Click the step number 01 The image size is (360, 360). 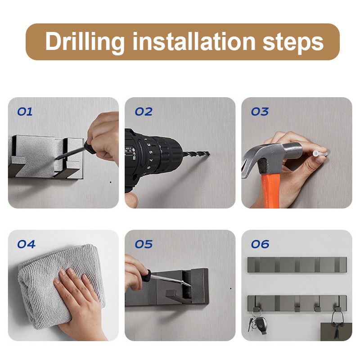coord(25,112)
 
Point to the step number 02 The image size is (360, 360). coord(144,112)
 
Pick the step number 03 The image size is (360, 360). coord(260,112)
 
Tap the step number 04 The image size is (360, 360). coord(27,244)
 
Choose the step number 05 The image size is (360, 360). coord(144,244)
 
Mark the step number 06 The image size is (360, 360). coord(260,244)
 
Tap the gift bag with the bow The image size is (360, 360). coord(336,331)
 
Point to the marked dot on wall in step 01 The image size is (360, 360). coord(111,182)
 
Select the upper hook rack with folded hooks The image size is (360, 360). coord(297,265)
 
